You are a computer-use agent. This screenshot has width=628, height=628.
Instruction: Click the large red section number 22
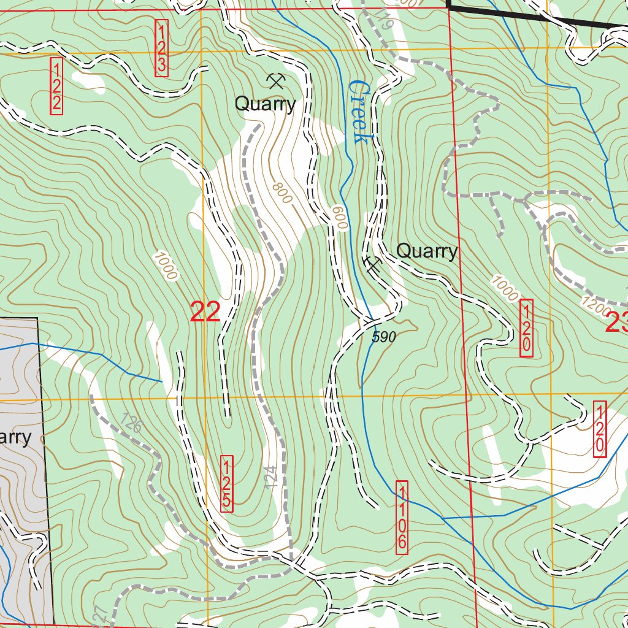(205, 312)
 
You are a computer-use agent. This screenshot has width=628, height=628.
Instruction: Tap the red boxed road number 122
(56, 86)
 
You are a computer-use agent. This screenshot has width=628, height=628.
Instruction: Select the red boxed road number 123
(161, 48)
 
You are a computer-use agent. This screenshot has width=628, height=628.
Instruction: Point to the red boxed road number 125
(227, 483)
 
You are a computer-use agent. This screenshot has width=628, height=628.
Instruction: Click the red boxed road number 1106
(402, 518)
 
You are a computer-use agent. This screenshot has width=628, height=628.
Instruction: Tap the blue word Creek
(358, 112)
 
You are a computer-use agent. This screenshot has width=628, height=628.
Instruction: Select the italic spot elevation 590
(385, 337)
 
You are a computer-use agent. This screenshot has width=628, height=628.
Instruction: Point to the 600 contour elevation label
(339, 218)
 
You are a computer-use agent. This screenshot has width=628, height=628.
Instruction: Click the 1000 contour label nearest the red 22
(166, 266)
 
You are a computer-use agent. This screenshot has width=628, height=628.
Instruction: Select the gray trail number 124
(272, 477)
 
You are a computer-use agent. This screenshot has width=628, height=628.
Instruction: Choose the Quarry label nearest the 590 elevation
(426, 251)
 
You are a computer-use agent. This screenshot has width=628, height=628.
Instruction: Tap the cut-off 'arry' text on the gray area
(15, 437)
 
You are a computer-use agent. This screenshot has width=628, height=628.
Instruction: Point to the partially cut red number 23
(616, 323)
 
